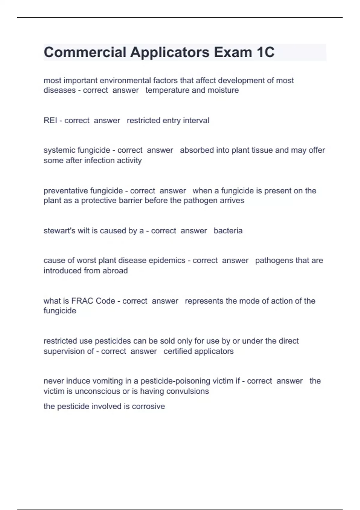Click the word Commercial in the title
coord(85,52)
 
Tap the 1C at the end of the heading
coord(265,52)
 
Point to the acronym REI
coord(50,121)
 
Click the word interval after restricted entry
coord(196,121)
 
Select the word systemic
coord(59,150)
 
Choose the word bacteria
coord(228,231)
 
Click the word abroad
coord(115,271)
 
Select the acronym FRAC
coord(82,301)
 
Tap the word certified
coord(178,351)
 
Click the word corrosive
coord(148,406)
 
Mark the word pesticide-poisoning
coord(175,381)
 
